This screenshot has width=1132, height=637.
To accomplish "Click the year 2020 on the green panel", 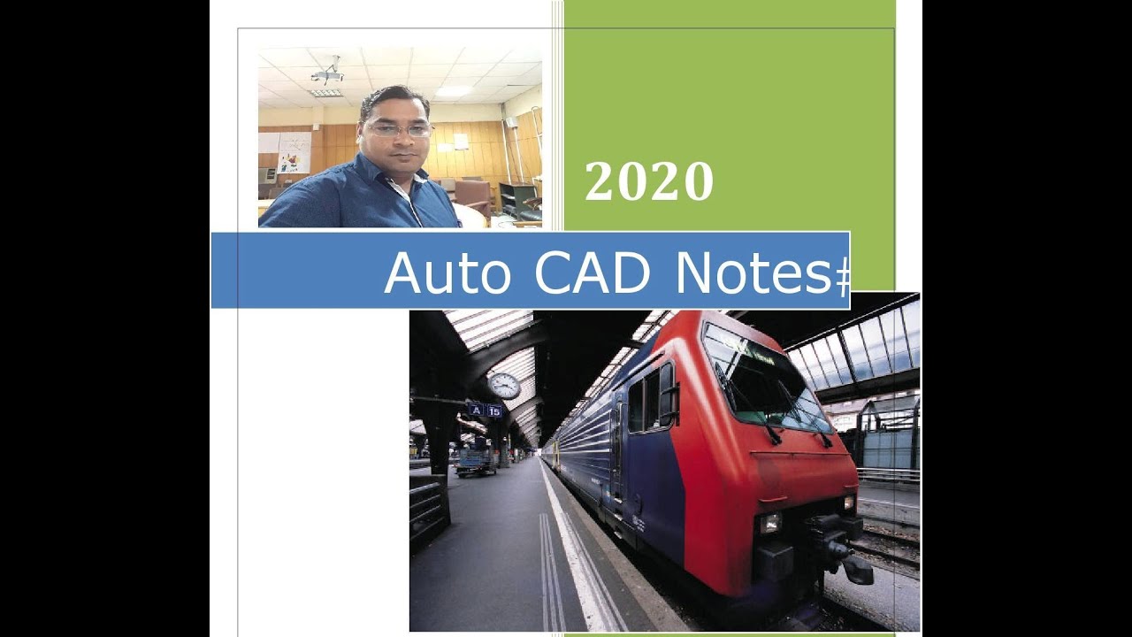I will [648, 181].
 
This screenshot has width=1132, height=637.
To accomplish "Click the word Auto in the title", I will [447, 272].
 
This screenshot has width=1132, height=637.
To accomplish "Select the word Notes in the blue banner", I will [750, 272].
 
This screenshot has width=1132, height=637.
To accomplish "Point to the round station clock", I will [504, 386].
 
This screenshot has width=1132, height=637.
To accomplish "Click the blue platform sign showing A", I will [476, 410].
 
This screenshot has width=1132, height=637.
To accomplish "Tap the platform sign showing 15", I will [494, 411].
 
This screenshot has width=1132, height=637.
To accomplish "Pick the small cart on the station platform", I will [476, 460].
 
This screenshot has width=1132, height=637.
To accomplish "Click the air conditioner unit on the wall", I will [267, 174].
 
